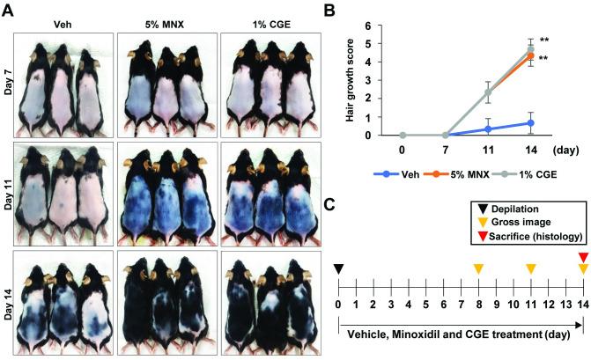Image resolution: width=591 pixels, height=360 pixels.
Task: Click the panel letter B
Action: (329, 8)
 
